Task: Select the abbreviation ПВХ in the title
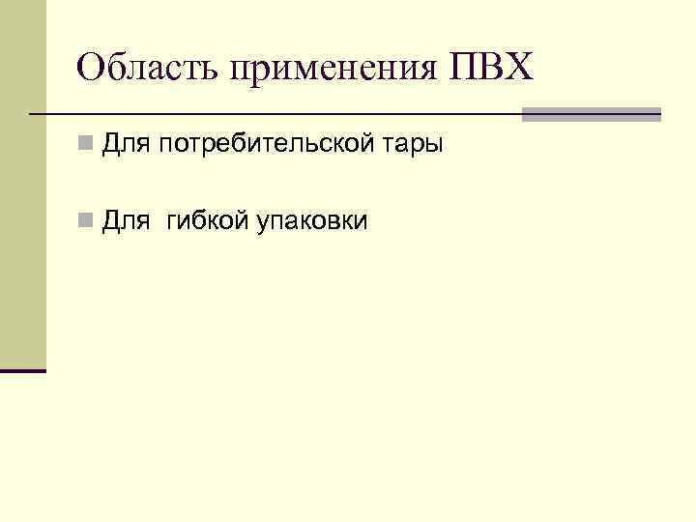(x=490, y=68)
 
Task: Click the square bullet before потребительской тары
(x=86, y=145)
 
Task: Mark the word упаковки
(x=312, y=223)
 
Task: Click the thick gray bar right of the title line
(x=591, y=114)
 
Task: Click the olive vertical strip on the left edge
(x=22, y=184)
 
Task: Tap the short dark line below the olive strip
(x=22, y=370)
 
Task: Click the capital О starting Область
(x=90, y=68)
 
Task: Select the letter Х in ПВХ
(x=518, y=68)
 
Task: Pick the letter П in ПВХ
(x=463, y=68)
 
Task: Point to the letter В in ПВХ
(x=491, y=68)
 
